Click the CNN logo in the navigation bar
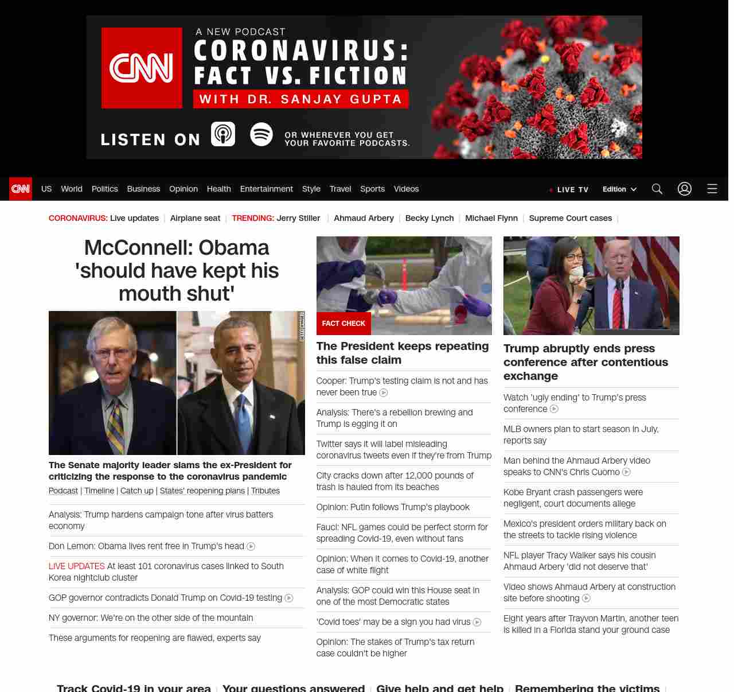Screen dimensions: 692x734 pyautogui.click(x=21, y=189)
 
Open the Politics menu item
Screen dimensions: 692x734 pyautogui.click(x=104, y=189)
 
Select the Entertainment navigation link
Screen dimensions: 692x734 pyautogui.click(x=266, y=189)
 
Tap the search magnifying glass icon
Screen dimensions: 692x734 pyautogui.click(x=657, y=189)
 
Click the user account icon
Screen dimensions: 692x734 pyautogui.click(x=685, y=189)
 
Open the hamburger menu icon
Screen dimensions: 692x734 pyautogui.click(x=712, y=189)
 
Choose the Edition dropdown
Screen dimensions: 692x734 pyautogui.click(x=619, y=189)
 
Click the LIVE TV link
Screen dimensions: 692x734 pyautogui.click(x=569, y=189)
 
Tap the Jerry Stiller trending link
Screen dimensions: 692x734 pyautogui.click(x=298, y=218)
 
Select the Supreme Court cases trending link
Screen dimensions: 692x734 pyautogui.click(x=570, y=218)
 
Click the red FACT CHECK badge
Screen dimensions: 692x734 pyautogui.click(x=343, y=324)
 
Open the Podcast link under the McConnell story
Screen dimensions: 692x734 pyautogui.click(x=63, y=491)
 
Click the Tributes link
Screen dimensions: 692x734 pyautogui.click(x=266, y=491)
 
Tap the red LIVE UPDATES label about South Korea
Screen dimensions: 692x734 pyautogui.click(x=77, y=566)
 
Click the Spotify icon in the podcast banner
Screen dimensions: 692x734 pyautogui.click(x=261, y=134)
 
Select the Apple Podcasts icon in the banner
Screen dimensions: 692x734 pyautogui.click(x=223, y=134)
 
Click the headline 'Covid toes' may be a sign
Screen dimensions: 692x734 pyautogui.click(x=393, y=622)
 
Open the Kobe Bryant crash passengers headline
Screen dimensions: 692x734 pyautogui.click(x=573, y=497)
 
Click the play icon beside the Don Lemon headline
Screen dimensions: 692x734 pyautogui.click(x=251, y=546)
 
